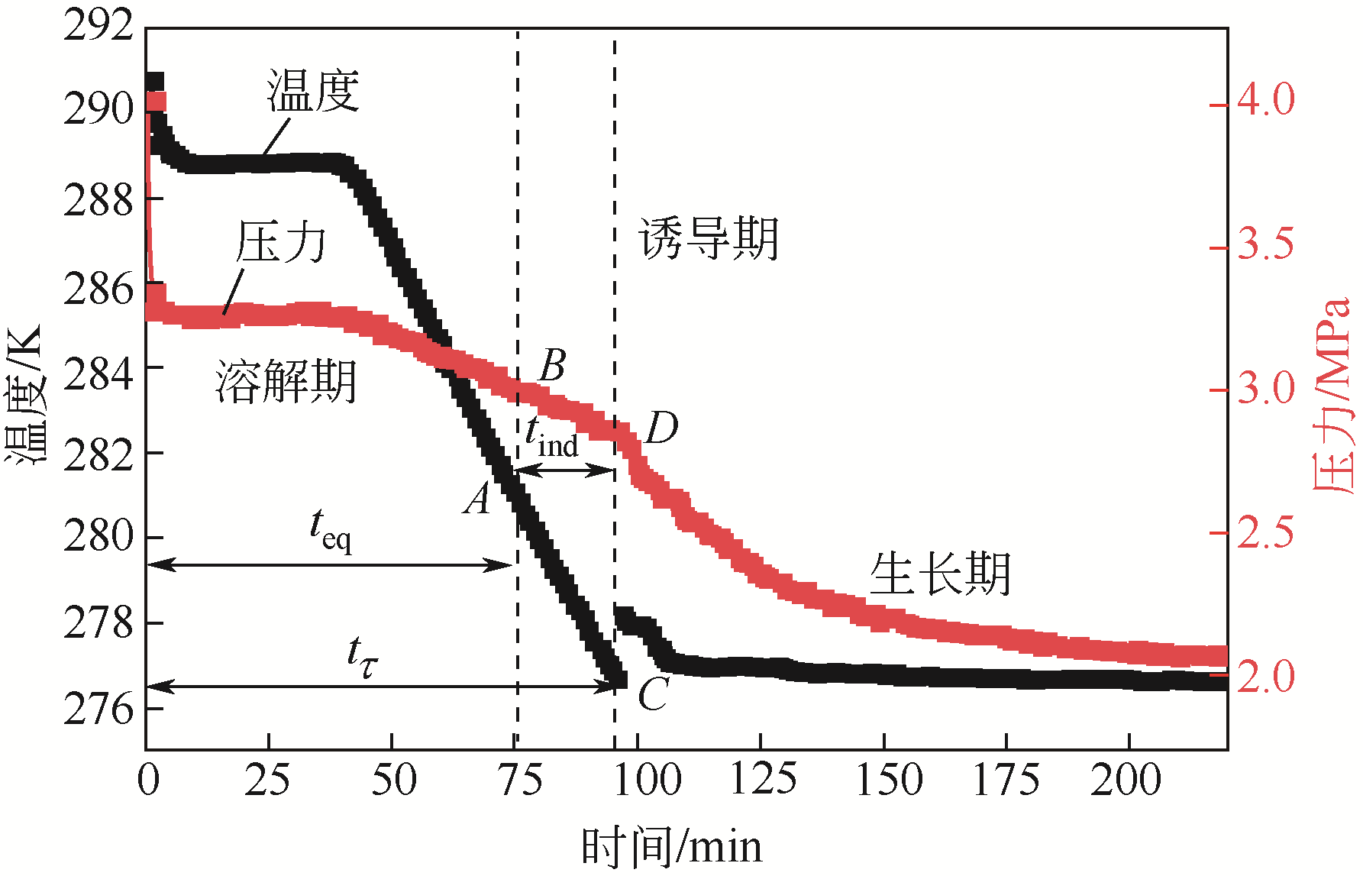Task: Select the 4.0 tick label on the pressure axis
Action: [1266, 99]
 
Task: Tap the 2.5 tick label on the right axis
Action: [1266, 532]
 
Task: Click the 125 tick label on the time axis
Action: [763, 780]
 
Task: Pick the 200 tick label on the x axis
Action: [1126, 780]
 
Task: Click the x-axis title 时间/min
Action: [672, 847]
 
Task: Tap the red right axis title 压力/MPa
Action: [1332, 395]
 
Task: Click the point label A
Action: [478, 499]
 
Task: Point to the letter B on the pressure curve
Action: [552, 366]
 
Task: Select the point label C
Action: [653, 694]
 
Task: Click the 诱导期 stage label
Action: [708, 238]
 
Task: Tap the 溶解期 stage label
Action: [286, 381]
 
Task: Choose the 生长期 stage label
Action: [940, 574]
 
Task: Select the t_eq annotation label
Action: [331, 529]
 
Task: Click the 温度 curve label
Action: [313, 91]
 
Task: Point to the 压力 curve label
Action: [281, 242]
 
